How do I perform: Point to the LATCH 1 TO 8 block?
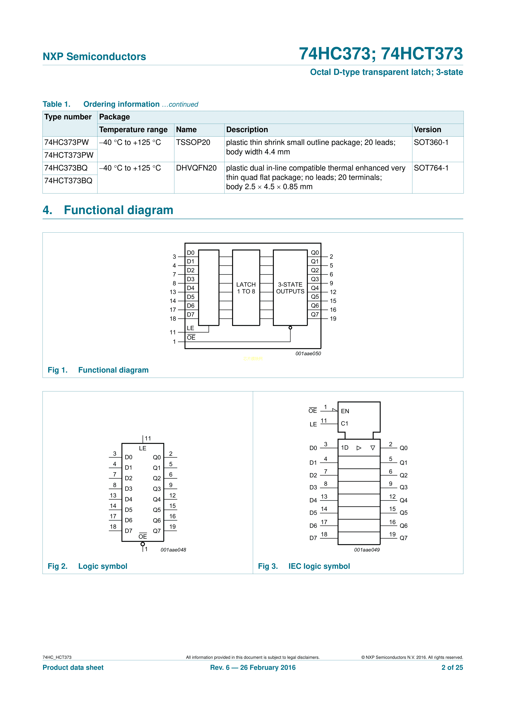(x=246, y=288)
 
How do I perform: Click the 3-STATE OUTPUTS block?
(x=290, y=288)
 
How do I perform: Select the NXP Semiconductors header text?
(x=94, y=57)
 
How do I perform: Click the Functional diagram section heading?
(x=108, y=210)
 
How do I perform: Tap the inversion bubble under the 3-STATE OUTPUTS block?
(x=290, y=328)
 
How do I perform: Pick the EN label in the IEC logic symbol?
(x=345, y=411)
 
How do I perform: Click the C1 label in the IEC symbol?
(x=344, y=423)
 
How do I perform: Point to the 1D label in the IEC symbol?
(x=344, y=448)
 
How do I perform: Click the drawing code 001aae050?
(x=308, y=353)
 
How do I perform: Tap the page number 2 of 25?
(x=452, y=667)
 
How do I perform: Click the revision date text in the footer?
(x=253, y=667)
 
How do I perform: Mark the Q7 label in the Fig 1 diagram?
(x=315, y=314)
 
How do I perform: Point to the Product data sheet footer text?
(x=73, y=667)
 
